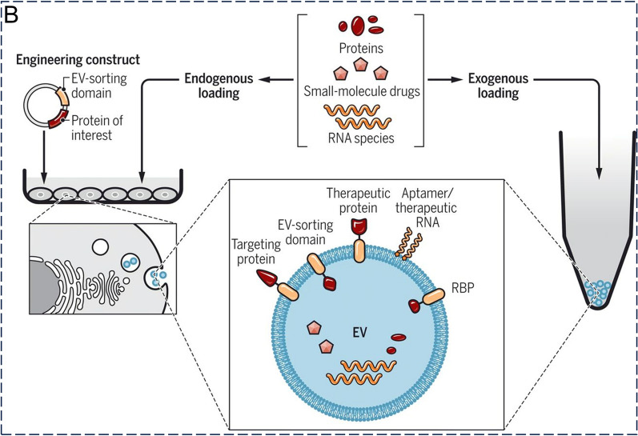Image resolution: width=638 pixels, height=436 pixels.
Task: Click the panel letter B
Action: tap(11, 13)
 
